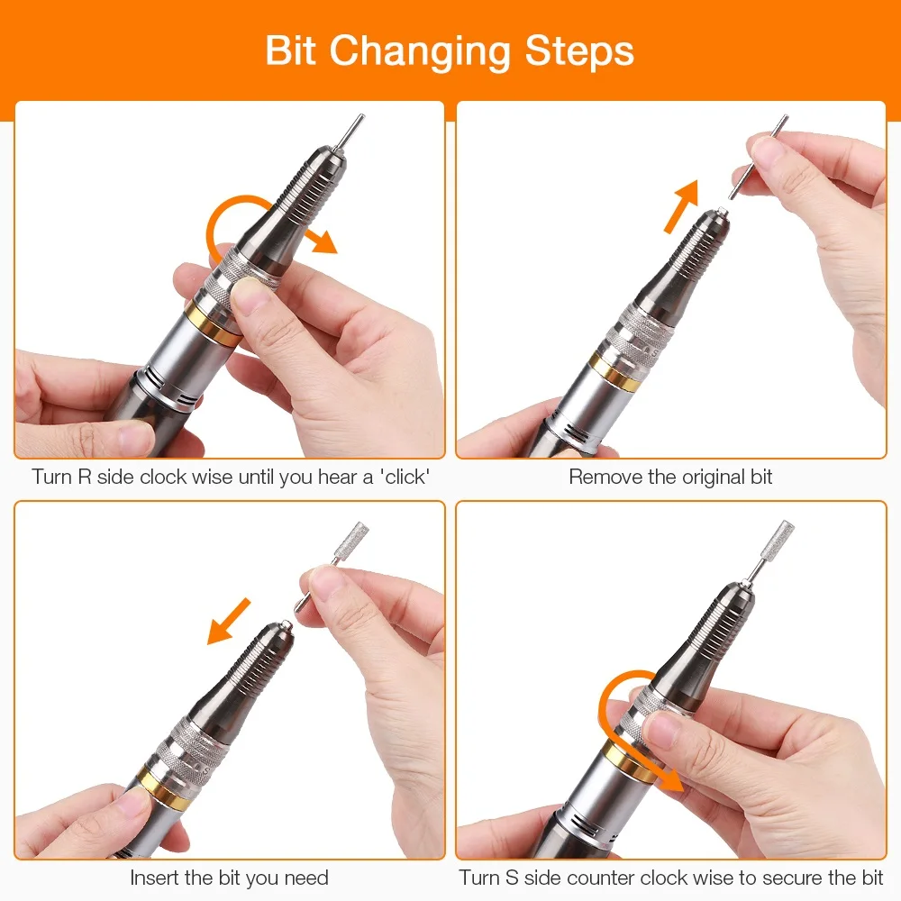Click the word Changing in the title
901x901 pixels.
click(x=420, y=53)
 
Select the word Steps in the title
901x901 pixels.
click(x=579, y=53)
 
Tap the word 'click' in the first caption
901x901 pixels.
click(x=405, y=477)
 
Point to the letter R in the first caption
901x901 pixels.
click(x=85, y=477)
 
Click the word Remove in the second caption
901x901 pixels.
click(x=605, y=477)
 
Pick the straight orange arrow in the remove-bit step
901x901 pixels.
click(x=682, y=206)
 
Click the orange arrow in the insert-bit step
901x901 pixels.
click(x=229, y=621)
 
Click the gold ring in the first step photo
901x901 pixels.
click(x=212, y=324)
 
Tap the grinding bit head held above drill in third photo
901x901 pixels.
click(x=351, y=540)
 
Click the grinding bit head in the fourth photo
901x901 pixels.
click(x=778, y=539)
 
